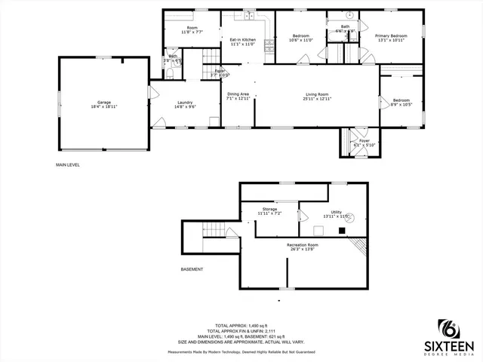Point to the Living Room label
(316, 96)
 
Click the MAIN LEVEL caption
(67, 164)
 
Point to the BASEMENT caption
(192, 269)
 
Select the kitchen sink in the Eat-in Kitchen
(248, 14)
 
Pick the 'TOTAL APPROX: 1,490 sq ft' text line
(241, 325)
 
